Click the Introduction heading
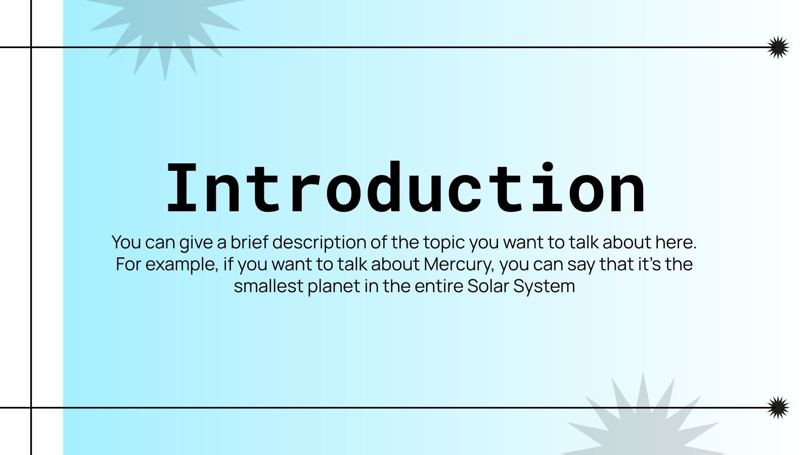point(406,188)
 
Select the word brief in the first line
point(249,242)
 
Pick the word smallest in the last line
point(268,286)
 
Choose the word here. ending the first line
point(676,242)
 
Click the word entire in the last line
point(439,286)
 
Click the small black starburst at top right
point(778,48)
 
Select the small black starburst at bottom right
point(778,407)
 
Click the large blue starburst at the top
point(165,29)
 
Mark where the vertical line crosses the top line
point(31,48)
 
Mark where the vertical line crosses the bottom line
point(31,407)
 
